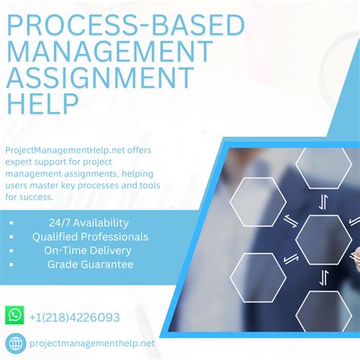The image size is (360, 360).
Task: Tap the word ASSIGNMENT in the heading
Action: coord(99,76)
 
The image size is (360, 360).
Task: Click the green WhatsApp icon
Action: coord(14,315)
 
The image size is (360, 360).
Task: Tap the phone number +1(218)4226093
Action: coord(75,316)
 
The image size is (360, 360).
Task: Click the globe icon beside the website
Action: coord(14,343)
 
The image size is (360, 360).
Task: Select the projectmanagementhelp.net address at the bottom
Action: coord(92,343)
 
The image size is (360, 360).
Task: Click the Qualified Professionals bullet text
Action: coord(90,236)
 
